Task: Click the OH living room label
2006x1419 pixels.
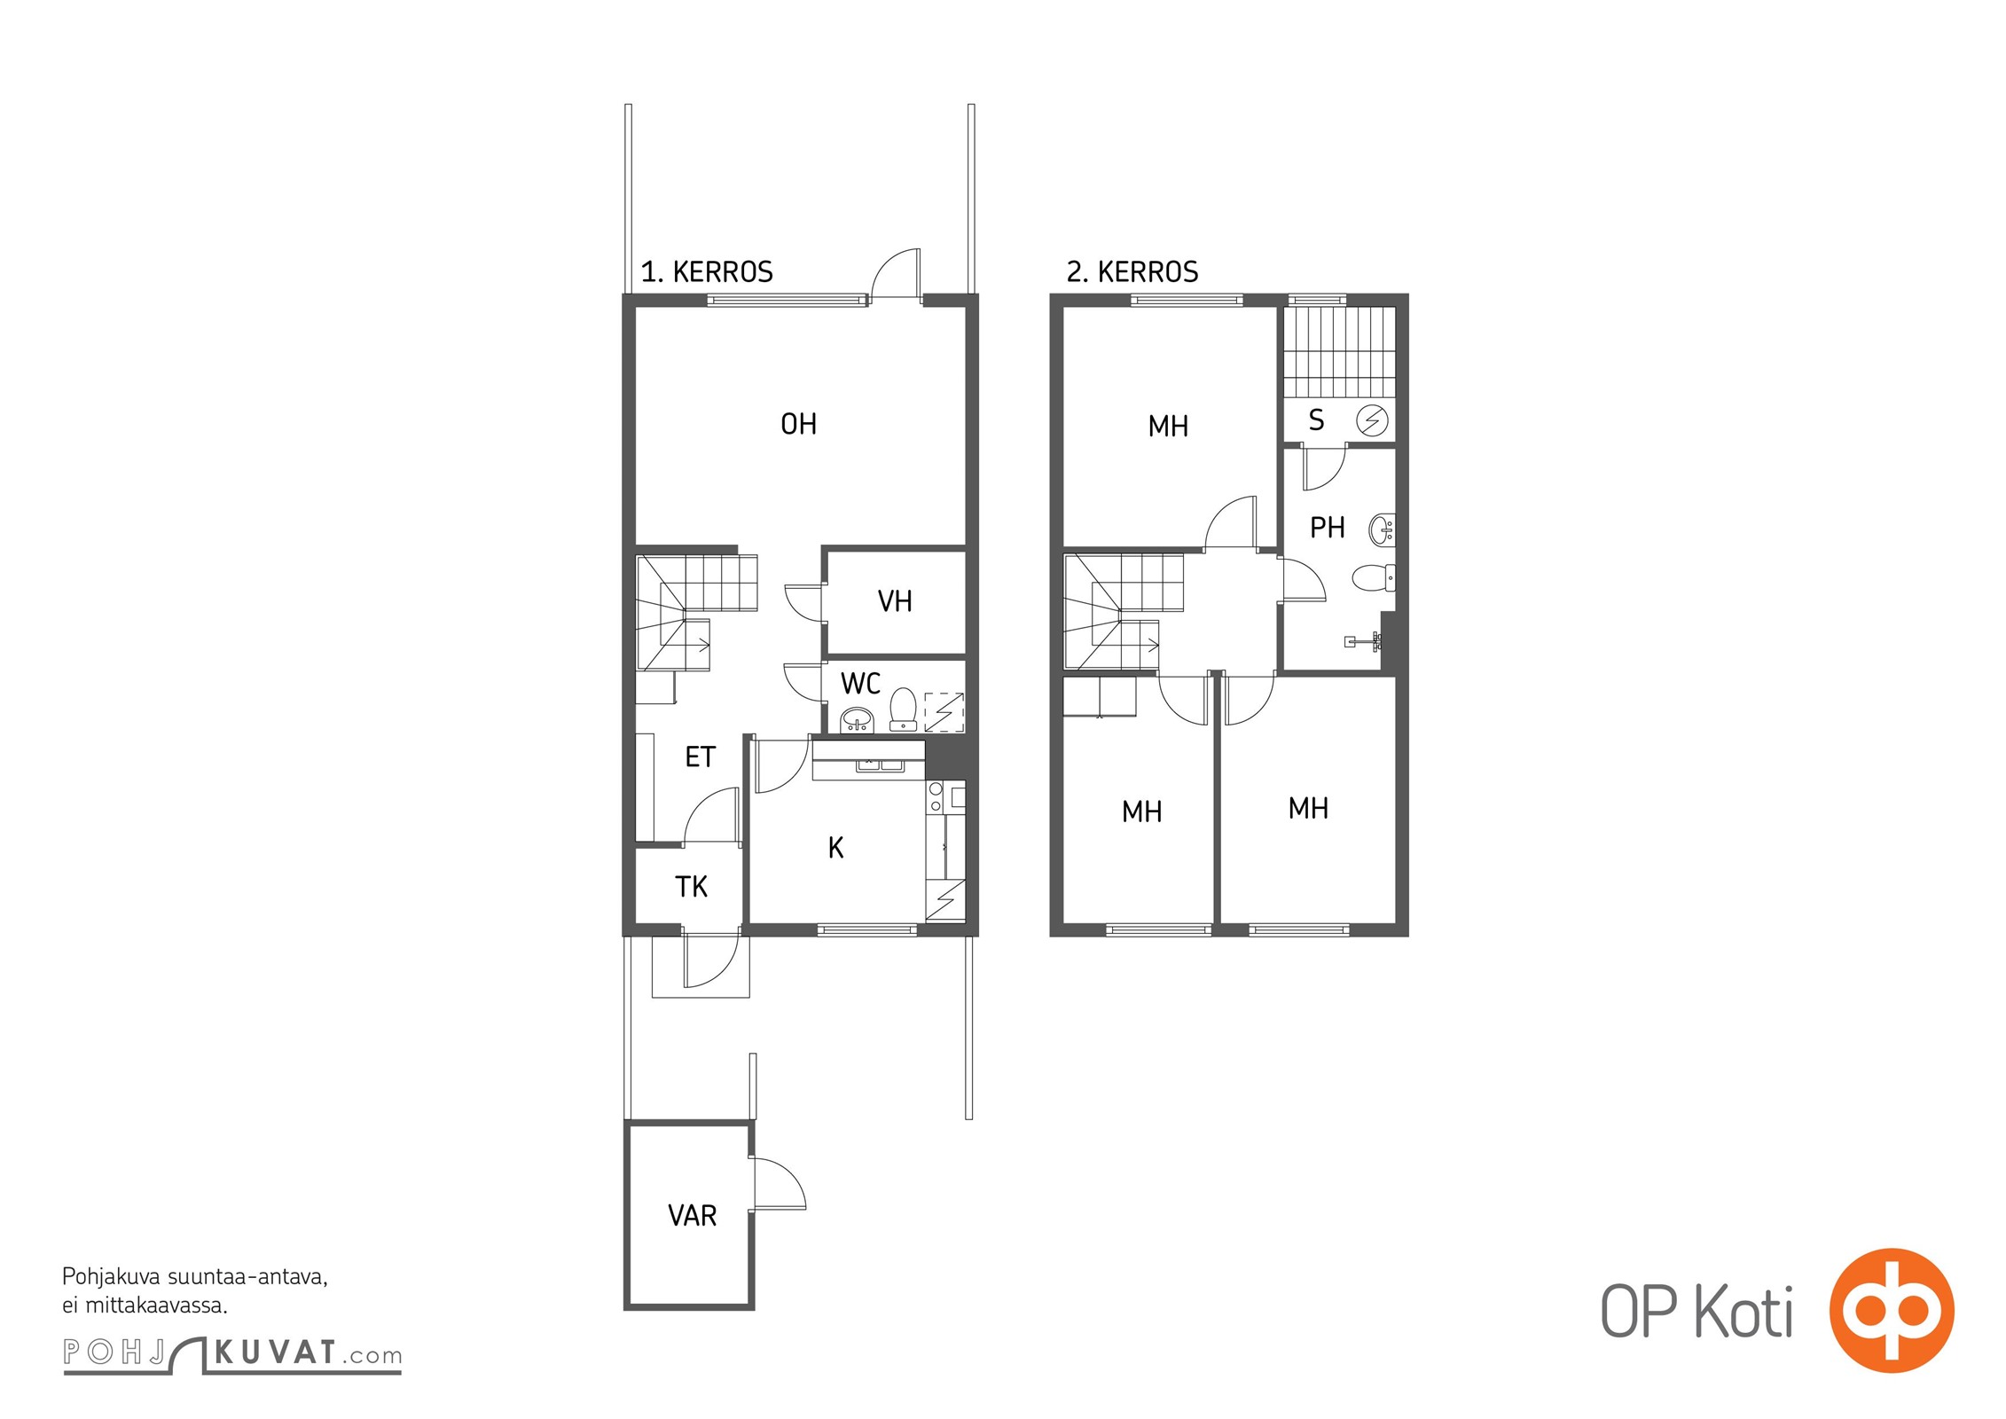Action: point(798,424)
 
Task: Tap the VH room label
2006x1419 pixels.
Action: point(895,601)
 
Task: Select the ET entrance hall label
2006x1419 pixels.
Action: point(700,757)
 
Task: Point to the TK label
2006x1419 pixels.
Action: point(691,887)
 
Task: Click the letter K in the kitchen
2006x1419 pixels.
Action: point(835,848)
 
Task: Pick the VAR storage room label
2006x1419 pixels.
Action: point(692,1215)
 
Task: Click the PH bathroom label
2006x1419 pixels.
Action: point(1327,528)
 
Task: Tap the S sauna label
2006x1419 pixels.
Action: point(1316,419)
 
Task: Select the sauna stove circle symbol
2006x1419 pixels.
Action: point(1372,420)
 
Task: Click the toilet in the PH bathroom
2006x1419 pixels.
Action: point(1374,577)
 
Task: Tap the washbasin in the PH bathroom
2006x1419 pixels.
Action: point(1382,530)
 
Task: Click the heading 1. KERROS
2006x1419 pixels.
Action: point(707,271)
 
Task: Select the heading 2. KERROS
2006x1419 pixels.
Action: point(1132,271)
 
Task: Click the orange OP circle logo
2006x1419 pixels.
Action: point(1892,1310)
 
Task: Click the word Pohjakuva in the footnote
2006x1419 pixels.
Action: point(111,1277)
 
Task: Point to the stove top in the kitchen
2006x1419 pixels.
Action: point(935,797)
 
